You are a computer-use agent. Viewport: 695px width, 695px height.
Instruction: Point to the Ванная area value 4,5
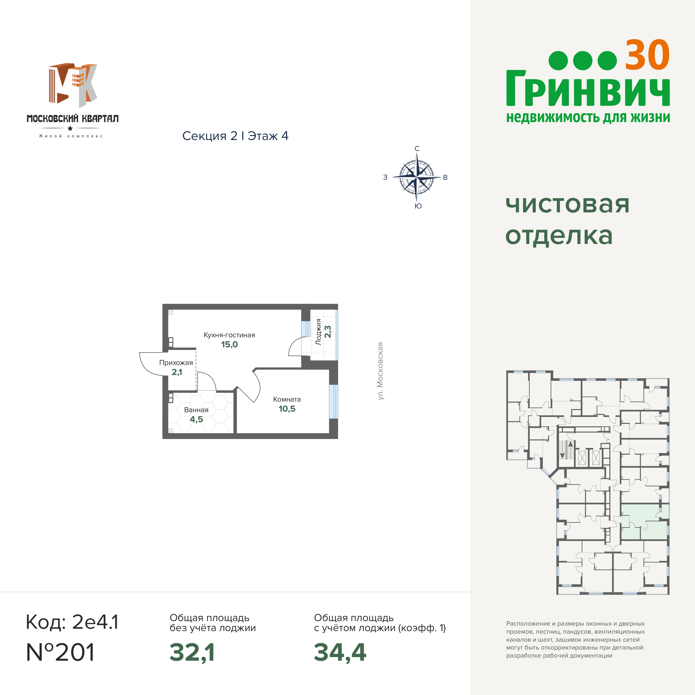pyautogui.click(x=196, y=419)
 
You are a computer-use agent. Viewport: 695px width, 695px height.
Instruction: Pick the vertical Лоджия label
pyautogui.click(x=318, y=332)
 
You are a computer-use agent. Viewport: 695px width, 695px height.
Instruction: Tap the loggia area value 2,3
pyautogui.click(x=328, y=332)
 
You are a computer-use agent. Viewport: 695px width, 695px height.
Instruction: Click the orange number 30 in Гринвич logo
pyautogui.click(x=647, y=55)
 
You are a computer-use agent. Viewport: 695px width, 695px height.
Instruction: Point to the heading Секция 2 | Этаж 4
pyautogui.click(x=235, y=136)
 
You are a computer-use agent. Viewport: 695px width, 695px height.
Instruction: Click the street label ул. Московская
pyautogui.click(x=380, y=371)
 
